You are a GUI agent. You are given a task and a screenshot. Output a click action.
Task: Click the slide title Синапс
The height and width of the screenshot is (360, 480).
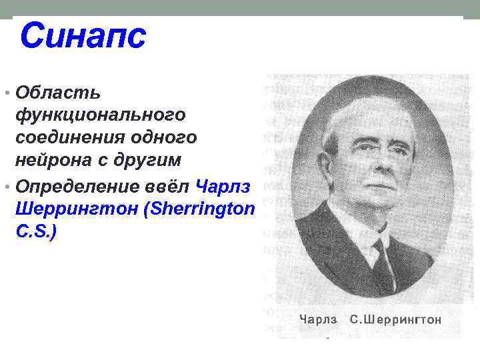pyautogui.click(x=82, y=36)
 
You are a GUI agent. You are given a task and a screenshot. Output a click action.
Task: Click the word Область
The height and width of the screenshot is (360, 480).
pyautogui.click(x=58, y=90)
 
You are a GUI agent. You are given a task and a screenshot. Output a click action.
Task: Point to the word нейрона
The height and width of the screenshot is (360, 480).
pyautogui.click(x=55, y=161)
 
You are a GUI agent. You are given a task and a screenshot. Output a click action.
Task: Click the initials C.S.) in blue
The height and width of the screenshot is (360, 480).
pyautogui.click(x=39, y=232)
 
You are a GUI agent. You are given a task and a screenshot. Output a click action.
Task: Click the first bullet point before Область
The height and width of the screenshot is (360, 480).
pyautogui.click(x=6, y=91)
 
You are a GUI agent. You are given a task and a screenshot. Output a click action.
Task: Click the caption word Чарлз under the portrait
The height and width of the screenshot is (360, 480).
pyautogui.click(x=318, y=319)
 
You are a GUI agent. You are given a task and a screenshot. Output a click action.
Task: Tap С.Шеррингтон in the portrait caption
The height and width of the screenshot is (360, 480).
pyautogui.click(x=396, y=319)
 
